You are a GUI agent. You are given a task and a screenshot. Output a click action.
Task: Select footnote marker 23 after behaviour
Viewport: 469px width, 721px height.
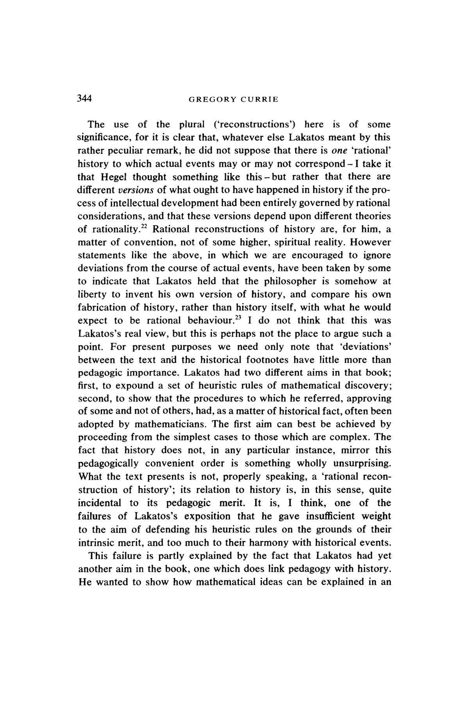[237, 317]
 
